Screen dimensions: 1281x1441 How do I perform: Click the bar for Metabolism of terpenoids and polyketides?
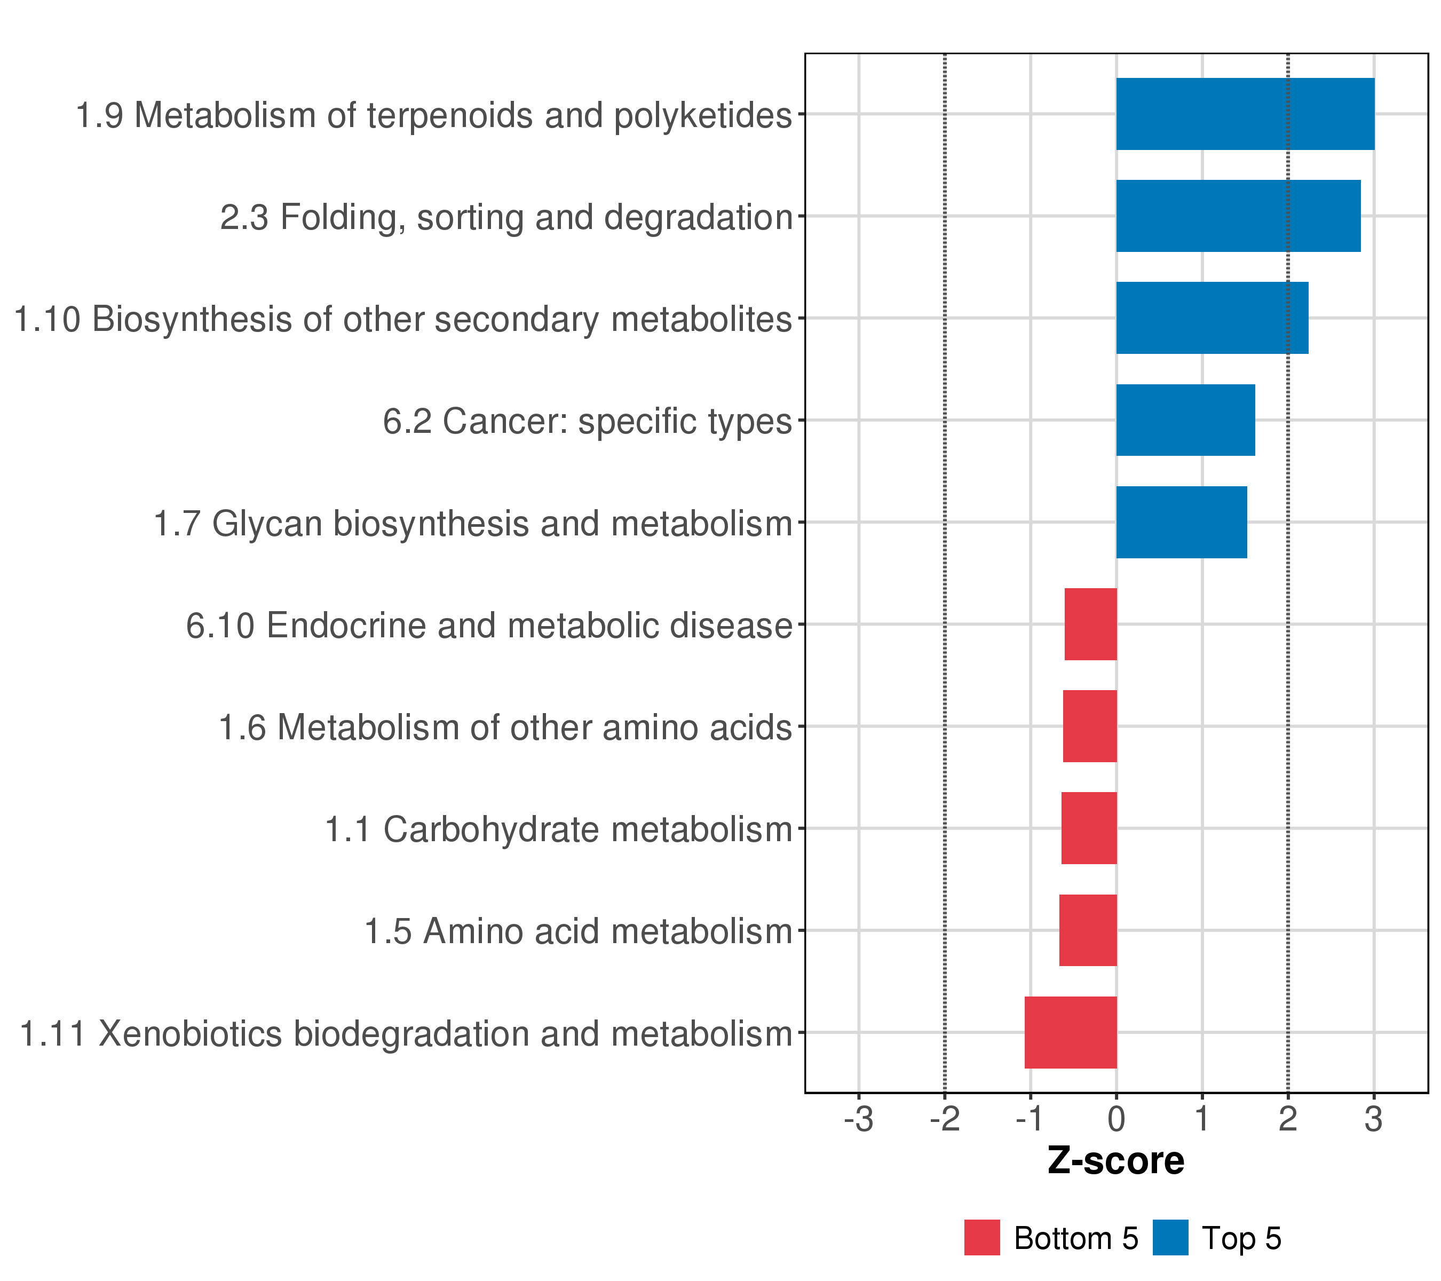click(x=1245, y=114)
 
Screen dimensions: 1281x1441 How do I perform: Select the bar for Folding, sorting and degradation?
click(x=1238, y=216)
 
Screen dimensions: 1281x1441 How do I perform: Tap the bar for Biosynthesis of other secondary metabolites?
click(x=1212, y=318)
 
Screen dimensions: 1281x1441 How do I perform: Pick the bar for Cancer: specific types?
click(x=1185, y=420)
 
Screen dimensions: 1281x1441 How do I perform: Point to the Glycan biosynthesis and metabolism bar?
click(x=1181, y=523)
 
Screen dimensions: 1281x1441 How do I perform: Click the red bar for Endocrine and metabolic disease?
click(x=1090, y=624)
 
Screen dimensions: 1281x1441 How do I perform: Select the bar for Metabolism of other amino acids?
click(x=1089, y=726)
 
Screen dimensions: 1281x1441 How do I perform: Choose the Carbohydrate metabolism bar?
click(x=1089, y=828)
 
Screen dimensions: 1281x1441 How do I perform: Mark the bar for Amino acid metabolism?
click(x=1087, y=931)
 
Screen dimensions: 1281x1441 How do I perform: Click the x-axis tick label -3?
click(x=858, y=1120)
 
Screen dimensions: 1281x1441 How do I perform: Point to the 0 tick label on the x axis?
click(x=1116, y=1120)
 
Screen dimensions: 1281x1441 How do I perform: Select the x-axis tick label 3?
click(x=1373, y=1120)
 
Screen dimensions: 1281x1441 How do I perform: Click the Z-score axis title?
click(x=1116, y=1161)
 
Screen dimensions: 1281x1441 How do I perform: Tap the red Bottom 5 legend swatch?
click(x=982, y=1237)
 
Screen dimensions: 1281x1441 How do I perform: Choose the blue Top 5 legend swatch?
click(x=1170, y=1237)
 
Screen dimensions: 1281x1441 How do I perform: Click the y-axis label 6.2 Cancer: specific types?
click(x=587, y=422)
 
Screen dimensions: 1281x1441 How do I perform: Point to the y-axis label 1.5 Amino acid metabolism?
click(x=577, y=931)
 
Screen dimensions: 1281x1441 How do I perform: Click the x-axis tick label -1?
click(x=1030, y=1120)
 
